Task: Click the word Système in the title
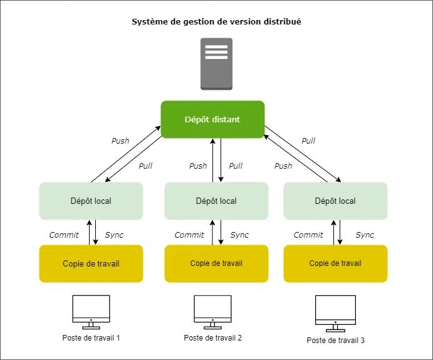click(149, 22)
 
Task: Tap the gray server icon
click(216, 63)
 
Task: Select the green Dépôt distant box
click(212, 119)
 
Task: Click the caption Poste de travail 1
click(91, 338)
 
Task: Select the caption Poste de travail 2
click(212, 337)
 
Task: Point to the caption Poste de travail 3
click(335, 340)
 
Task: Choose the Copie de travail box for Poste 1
click(91, 263)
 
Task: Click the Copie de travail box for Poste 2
click(216, 263)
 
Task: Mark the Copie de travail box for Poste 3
click(335, 263)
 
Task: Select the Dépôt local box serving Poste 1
click(91, 201)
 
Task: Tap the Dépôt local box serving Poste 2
click(216, 201)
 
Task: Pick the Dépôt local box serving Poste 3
click(335, 201)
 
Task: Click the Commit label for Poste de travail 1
click(64, 235)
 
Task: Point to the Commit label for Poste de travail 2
click(189, 235)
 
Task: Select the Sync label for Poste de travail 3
click(365, 235)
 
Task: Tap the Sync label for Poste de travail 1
click(114, 235)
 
